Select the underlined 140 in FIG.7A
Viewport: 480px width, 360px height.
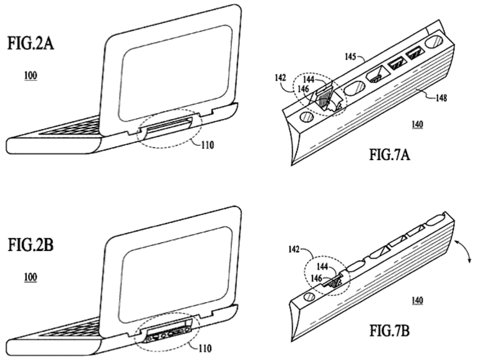tap(418, 125)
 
